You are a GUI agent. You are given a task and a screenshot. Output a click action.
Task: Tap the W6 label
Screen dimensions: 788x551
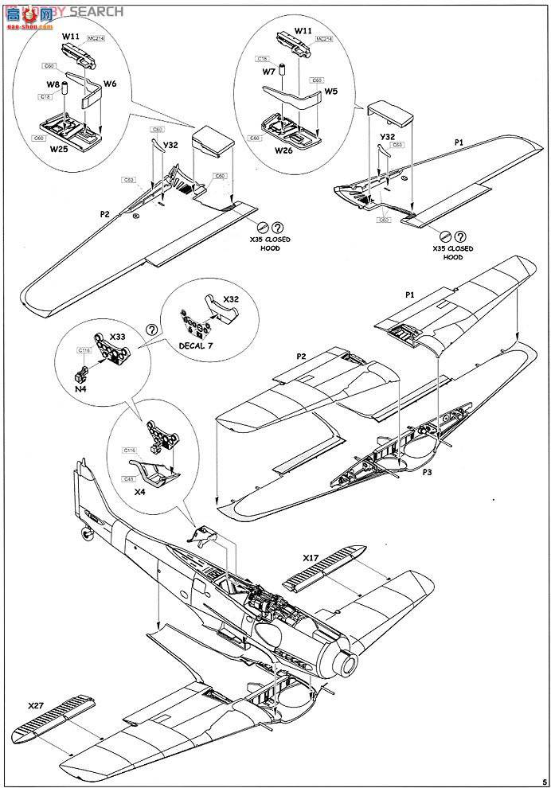click(110, 83)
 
